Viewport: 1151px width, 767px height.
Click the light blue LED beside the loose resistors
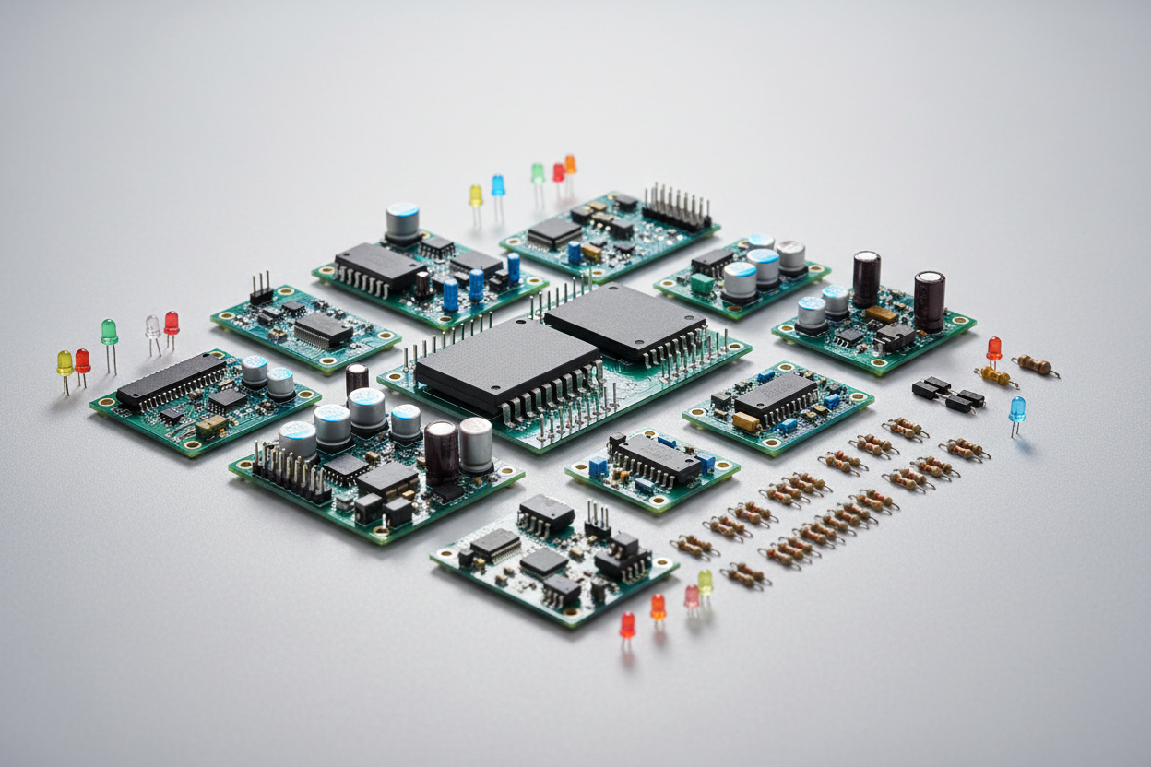click(x=1016, y=407)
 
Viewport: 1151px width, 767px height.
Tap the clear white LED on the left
click(x=152, y=326)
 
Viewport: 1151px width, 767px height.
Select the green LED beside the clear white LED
click(x=109, y=330)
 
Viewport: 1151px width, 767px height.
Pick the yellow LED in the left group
click(x=65, y=362)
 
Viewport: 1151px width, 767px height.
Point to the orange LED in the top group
click(x=570, y=164)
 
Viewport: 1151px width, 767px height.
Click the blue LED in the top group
click(x=498, y=185)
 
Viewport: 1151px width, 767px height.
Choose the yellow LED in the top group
click(x=475, y=195)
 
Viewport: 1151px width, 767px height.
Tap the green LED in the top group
click(x=537, y=172)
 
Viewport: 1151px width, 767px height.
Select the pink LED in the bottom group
click(x=691, y=596)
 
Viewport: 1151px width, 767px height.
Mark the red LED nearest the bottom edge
click(x=627, y=624)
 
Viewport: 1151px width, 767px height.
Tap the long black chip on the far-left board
click(x=172, y=379)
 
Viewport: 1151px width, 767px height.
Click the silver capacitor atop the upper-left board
click(x=402, y=221)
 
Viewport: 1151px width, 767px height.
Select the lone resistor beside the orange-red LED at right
click(x=1035, y=365)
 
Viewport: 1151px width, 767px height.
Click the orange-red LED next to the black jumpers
click(x=993, y=348)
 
